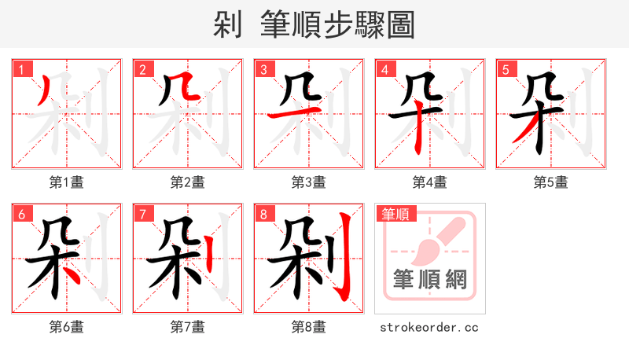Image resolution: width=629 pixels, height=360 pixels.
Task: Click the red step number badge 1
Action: pos(21,69)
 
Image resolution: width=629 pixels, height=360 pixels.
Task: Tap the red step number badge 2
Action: pos(142,69)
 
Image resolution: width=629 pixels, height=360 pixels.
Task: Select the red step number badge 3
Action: pos(263,69)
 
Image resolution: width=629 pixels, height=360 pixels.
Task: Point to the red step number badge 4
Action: pos(384,69)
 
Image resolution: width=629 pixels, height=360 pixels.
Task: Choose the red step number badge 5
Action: pos(506,69)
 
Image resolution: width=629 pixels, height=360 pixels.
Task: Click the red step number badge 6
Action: pos(21,214)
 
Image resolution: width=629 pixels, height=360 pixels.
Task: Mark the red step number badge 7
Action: pos(142,214)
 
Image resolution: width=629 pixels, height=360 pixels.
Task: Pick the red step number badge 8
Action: pos(263,214)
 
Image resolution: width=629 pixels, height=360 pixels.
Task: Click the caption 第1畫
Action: pos(67,182)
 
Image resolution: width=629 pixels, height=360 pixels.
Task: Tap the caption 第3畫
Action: pos(308,182)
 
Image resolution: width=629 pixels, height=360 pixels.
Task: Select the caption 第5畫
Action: pos(550,182)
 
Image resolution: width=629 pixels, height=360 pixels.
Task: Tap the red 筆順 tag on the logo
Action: pos(395,214)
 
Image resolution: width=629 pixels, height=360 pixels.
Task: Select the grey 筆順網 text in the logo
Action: pos(429,278)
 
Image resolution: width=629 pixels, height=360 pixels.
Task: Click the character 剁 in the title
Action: pos(227,25)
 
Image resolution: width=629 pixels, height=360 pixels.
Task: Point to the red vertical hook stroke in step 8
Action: pos(344,259)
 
